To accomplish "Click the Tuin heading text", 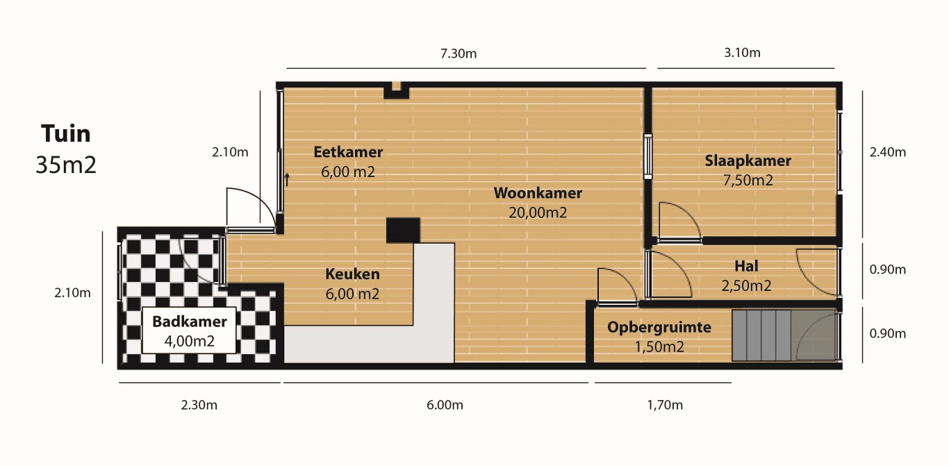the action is [x=66, y=134].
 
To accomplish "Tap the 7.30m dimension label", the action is [x=459, y=53].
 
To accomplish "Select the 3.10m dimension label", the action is [x=742, y=53].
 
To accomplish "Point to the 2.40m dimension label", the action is [x=888, y=152].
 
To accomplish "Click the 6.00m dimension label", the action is [x=445, y=405].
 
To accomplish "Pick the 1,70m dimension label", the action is [x=665, y=405].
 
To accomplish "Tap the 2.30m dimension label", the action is [x=199, y=405].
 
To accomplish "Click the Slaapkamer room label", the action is [x=748, y=161].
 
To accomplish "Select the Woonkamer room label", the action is [x=538, y=193].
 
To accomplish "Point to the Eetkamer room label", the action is [x=348, y=152].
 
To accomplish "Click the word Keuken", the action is [x=352, y=274].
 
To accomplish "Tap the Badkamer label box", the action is [x=189, y=331].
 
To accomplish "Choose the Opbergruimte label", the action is [x=659, y=328].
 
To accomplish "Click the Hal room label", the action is [x=746, y=266].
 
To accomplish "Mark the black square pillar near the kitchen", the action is [x=403, y=231].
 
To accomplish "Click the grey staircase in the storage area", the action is [x=761, y=335].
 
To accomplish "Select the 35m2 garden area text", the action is [x=66, y=165].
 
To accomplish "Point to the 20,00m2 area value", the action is [x=538, y=213].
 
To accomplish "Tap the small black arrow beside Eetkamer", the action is [x=287, y=180].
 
